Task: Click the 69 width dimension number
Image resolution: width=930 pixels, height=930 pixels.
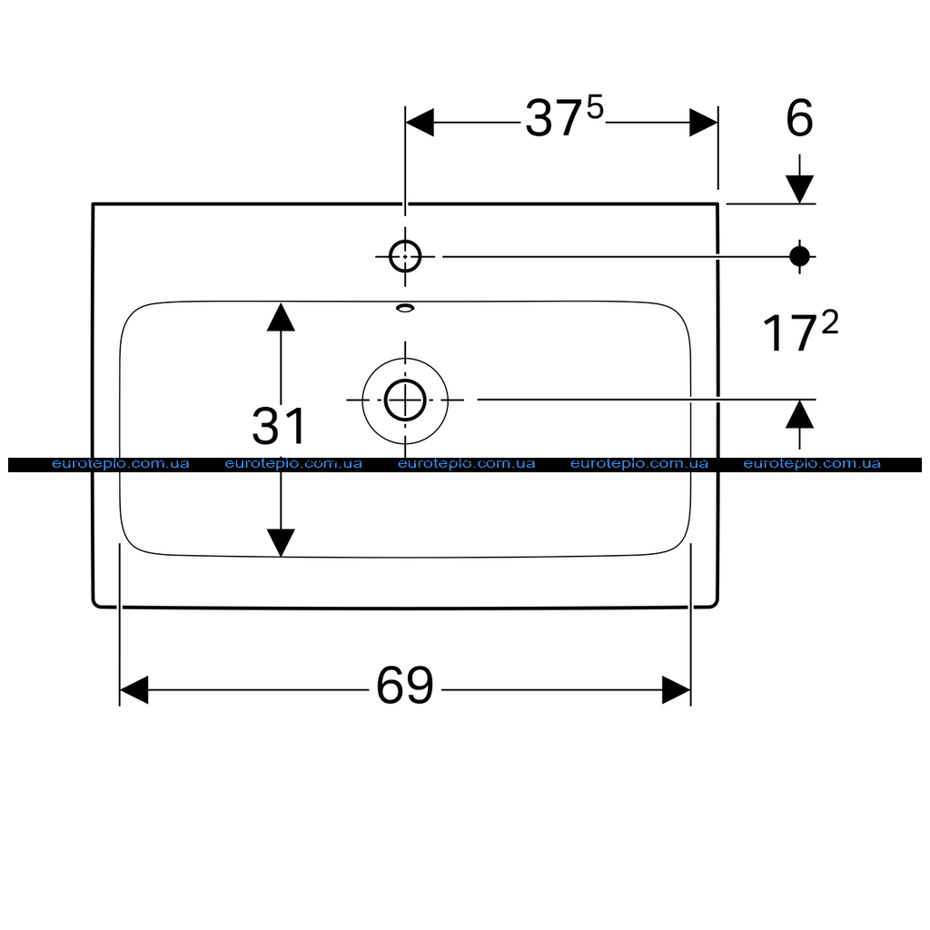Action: (405, 686)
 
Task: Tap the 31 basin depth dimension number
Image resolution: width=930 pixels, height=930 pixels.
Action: (278, 426)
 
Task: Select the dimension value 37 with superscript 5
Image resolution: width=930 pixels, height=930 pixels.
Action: (564, 117)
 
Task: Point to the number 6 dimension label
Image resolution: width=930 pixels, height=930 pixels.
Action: (799, 118)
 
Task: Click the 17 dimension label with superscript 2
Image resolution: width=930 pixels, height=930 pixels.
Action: (800, 331)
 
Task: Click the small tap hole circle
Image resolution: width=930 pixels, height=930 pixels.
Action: (405, 257)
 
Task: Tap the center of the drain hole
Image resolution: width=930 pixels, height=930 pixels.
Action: (405, 401)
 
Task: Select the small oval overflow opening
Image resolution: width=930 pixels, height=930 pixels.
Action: (405, 308)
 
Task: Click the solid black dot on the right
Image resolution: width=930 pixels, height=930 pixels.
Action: (799, 257)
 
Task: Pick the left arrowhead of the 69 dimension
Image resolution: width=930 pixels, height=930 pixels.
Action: (134, 690)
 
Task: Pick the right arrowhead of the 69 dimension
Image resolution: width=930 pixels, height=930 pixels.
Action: (676, 690)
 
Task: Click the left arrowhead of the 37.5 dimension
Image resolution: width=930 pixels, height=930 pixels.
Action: (420, 123)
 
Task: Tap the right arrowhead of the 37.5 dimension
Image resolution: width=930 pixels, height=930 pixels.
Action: (704, 123)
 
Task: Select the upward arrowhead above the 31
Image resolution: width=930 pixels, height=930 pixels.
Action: (281, 317)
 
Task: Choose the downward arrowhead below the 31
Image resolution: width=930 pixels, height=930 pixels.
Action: (281, 543)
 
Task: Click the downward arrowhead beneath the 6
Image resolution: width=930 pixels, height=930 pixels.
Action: (799, 189)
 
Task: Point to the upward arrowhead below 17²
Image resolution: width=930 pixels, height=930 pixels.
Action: (799, 414)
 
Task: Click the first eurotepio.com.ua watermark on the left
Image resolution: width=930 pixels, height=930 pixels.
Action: (121, 464)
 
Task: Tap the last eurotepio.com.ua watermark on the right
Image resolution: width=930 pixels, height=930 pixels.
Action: (812, 464)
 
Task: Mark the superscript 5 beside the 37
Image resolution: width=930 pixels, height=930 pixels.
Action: (595, 109)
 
